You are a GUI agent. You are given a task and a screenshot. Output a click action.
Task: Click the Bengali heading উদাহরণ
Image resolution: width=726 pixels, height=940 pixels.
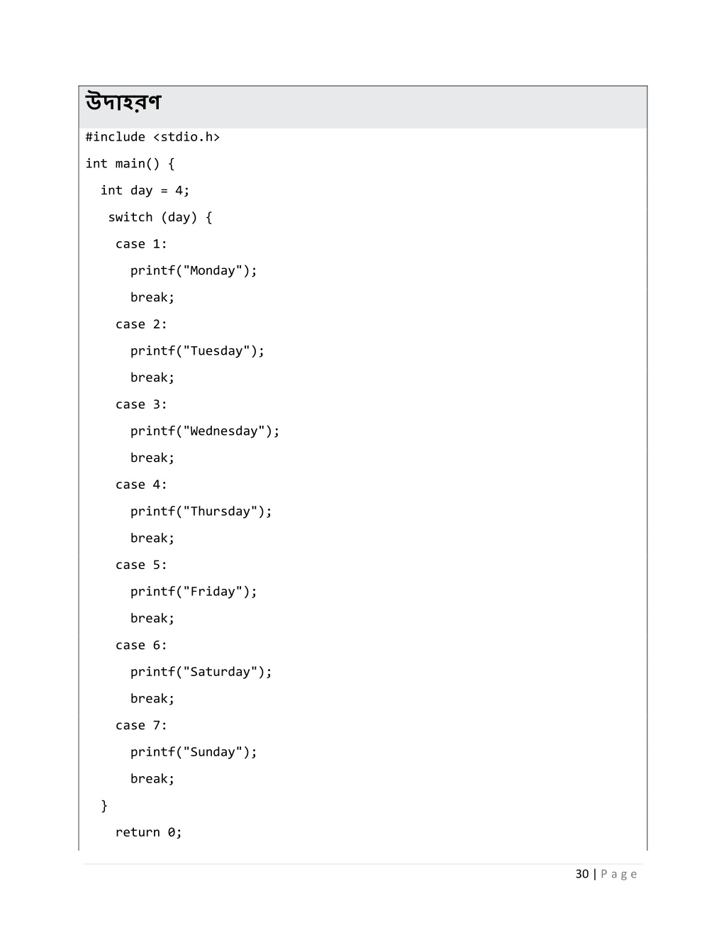(x=123, y=103)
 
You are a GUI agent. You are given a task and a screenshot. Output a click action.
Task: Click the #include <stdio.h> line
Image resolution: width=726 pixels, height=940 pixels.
(x=152, y=137)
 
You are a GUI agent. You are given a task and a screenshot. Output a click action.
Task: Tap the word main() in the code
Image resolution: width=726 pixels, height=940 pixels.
(x=138, y=164)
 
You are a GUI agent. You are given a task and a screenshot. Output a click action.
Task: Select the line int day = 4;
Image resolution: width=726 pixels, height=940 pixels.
(x=145, y=191)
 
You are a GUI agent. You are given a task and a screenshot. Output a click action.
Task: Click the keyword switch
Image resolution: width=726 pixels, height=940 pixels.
(x=130, y=217)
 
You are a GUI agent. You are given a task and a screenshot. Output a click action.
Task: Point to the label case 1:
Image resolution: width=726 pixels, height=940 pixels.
(x=141, y=244)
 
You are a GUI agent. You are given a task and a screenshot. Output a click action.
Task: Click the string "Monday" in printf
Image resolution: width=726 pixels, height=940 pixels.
(x=213, y=271)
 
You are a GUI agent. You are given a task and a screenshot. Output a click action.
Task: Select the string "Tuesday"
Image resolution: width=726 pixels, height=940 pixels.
(x=216, y=351)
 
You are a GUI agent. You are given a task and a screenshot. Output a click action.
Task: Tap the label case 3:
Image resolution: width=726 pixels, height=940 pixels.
(x=141, y=404)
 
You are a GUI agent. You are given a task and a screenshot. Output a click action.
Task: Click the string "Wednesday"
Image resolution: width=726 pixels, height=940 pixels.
(x=224, y=431)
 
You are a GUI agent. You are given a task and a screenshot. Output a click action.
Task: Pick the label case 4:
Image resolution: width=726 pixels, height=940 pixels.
(x=141, y=485)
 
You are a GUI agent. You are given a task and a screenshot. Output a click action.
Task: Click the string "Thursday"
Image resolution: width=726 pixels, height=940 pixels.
(x=220, y=512)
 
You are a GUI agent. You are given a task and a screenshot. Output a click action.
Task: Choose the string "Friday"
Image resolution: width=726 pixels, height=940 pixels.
(x=213, y=592)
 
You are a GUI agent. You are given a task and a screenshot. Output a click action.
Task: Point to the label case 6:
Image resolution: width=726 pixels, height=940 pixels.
(x=141, y=645)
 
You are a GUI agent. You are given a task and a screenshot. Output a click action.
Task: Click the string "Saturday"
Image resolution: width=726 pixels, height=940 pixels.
(x=220, y=672)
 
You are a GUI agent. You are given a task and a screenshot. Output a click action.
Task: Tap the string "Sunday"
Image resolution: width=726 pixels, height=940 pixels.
(x=213, y=752)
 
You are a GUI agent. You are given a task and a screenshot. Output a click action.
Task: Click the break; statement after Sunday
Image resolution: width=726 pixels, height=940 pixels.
(x=152, y=779)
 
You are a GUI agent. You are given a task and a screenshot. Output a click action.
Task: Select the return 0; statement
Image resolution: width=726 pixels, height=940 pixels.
(x=148, y=832)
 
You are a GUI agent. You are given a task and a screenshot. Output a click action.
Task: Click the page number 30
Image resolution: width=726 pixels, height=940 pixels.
(x=582, y=874)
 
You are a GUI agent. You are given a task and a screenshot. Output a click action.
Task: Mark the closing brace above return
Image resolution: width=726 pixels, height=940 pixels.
(x=104, y=805)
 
